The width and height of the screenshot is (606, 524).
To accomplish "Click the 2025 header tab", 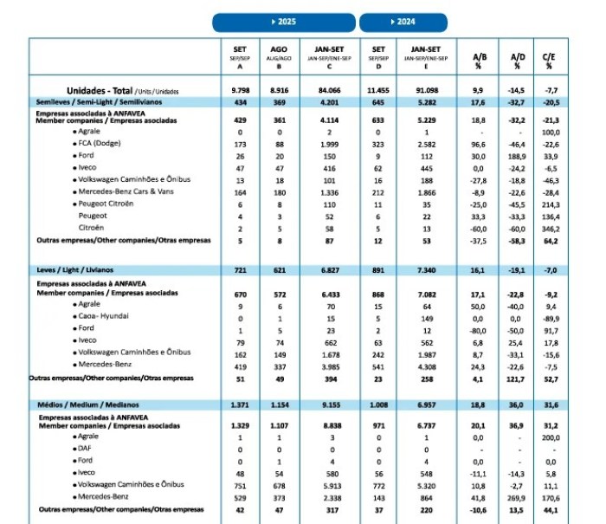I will (x=283, y=22).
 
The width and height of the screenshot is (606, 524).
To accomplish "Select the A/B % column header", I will (x=478, y=59).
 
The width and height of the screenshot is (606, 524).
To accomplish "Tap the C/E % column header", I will (x=548, y=59).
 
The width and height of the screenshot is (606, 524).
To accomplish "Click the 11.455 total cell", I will (x=378, y=90).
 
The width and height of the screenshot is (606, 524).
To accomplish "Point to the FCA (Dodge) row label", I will (x=100, y=142).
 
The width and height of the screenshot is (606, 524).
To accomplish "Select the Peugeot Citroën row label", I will (x=107, y=203).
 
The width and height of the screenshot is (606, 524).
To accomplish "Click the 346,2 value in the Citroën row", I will (x=547, y=227).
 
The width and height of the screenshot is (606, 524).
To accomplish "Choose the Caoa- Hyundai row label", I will (x=106, y=317).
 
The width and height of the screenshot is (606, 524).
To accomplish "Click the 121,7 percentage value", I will (x=518, y=378).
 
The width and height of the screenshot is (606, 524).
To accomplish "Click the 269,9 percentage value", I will (x=518, y=498).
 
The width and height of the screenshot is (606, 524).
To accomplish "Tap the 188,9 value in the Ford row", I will (x=518, y=154).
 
